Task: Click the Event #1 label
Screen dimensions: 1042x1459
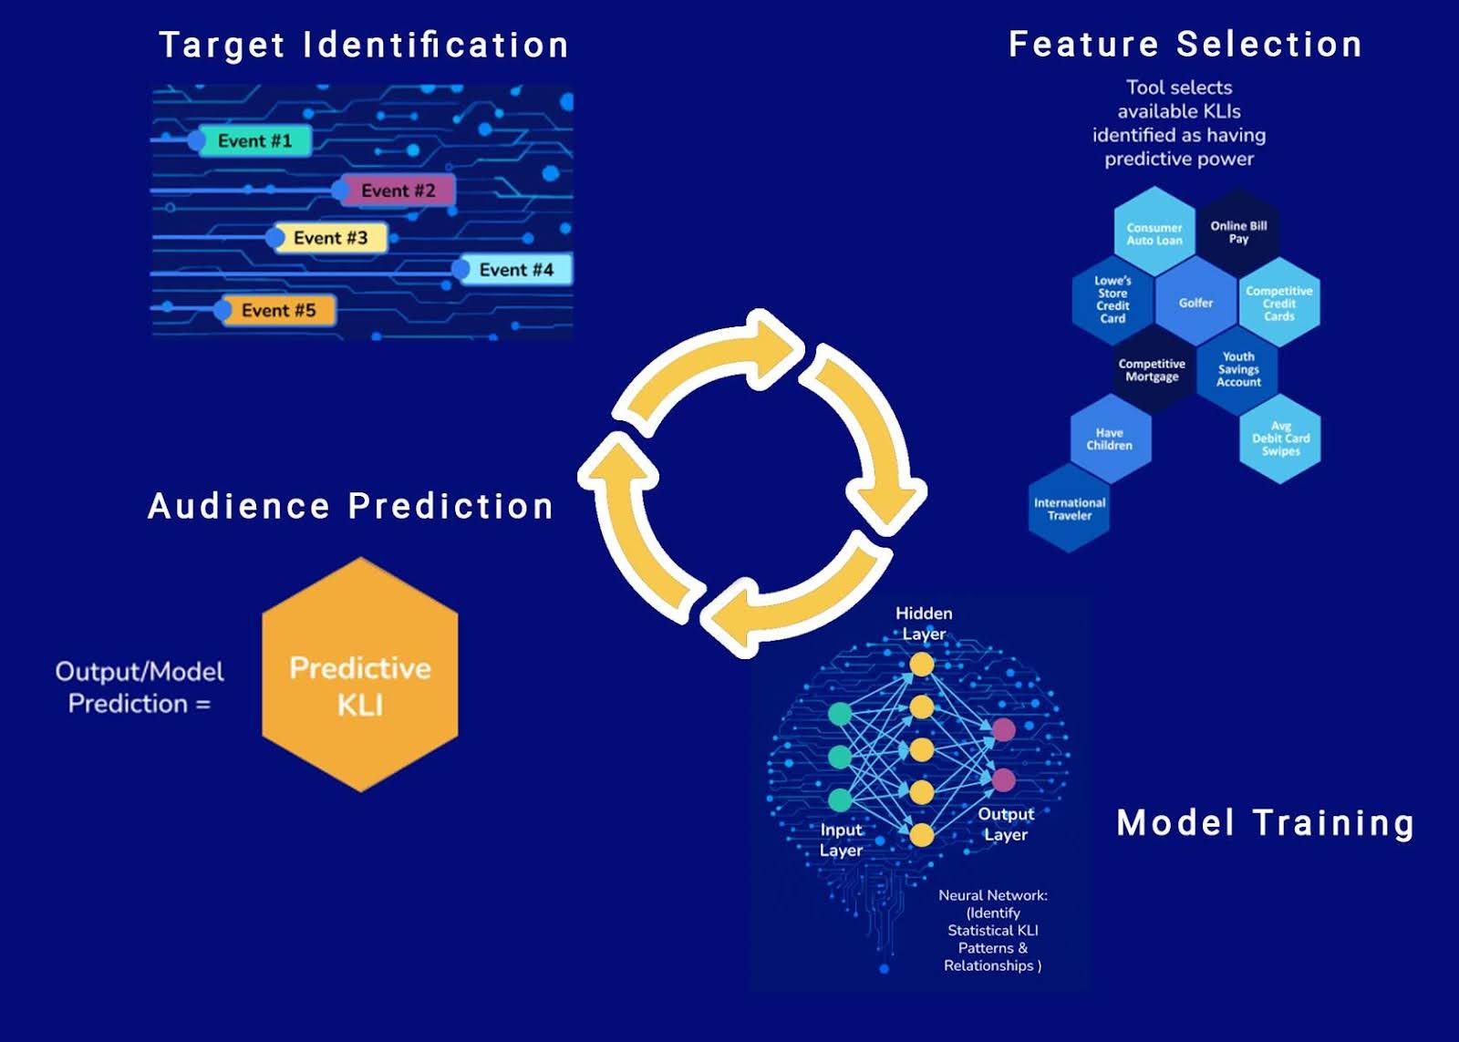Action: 254,140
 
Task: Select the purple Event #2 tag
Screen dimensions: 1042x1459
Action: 398,191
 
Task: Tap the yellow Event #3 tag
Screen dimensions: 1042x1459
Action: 330,238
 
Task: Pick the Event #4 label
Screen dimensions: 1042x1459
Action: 516,270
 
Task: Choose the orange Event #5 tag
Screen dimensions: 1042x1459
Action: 278,311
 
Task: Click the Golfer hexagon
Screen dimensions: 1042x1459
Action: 1195,303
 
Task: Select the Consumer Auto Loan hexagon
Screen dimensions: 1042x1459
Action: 1154,233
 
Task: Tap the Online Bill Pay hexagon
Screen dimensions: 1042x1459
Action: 1238,232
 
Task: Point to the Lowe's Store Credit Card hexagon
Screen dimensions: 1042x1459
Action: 1112,300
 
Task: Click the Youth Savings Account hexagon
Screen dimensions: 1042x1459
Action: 1238,369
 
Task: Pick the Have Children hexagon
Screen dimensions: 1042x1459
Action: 1109,439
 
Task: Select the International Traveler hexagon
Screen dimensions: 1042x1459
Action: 1070,509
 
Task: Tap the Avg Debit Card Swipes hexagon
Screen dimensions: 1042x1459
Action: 1280,438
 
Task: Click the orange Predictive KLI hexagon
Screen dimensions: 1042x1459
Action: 360,676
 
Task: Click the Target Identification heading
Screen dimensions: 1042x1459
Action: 364,45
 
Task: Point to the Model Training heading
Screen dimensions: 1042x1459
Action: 1266,823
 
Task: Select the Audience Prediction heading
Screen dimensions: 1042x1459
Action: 351,506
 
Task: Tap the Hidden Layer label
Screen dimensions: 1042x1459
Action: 924,624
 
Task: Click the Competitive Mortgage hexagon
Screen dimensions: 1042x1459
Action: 1152,370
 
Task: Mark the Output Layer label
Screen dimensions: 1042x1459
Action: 1006,824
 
